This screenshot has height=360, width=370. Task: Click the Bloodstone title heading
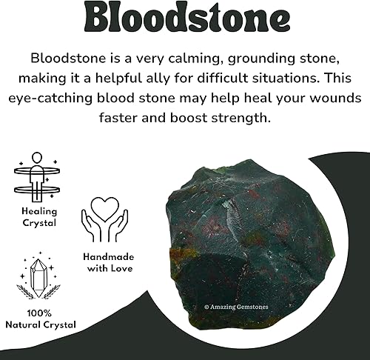pos(185,21)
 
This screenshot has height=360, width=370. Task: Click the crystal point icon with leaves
pos(36,278)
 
